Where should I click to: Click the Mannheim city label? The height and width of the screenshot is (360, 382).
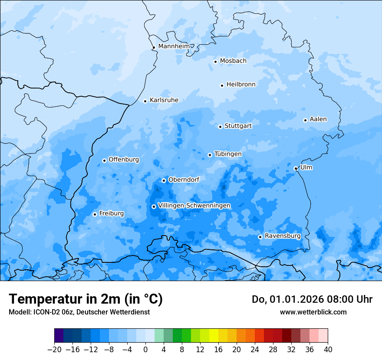pyautogui.click(x=174, y=46)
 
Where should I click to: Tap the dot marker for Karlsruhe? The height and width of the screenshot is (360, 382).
pyautogui.click(x=145, y=101)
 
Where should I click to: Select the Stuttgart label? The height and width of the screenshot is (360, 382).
pyautogui.click(x=238, y=126)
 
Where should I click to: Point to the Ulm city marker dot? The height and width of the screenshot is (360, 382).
pyautogui.click(x=296, y=168)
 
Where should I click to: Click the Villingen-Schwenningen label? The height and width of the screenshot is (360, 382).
pyautogui.click(x=194, y=205)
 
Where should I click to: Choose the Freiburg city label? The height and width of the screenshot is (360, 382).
pyautogui.click(x=111, y=213)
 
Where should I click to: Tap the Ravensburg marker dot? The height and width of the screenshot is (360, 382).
pyautogui.click(x=260, y=237)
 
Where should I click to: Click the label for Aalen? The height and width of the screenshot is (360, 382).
pyautogui.click(x=318, y=119)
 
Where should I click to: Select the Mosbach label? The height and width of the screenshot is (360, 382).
pyautogui.click(x=233, y=61)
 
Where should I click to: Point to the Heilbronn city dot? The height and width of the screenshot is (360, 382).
pyautogui.click(x=222, y=85)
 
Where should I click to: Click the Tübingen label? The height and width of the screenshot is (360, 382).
pyautogui.click(x=228, y=154)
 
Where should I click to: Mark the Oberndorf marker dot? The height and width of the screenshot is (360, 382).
pyautogui.click(x=164, y=180)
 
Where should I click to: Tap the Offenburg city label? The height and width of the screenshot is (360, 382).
pyautogui.click(x=124, y=159)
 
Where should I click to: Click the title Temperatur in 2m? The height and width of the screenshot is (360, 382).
pyautogui.click(x=86, y=299)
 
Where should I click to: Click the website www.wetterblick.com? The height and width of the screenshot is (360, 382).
pyautogui.click(x=313, y=312)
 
